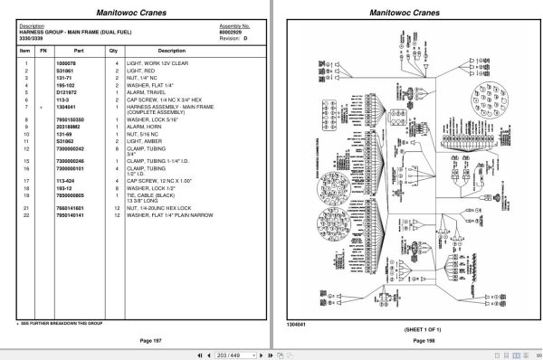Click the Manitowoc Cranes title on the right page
pos(404,12)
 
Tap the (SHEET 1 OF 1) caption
pos(404,329)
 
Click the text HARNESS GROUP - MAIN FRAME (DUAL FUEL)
pos(74,32)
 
